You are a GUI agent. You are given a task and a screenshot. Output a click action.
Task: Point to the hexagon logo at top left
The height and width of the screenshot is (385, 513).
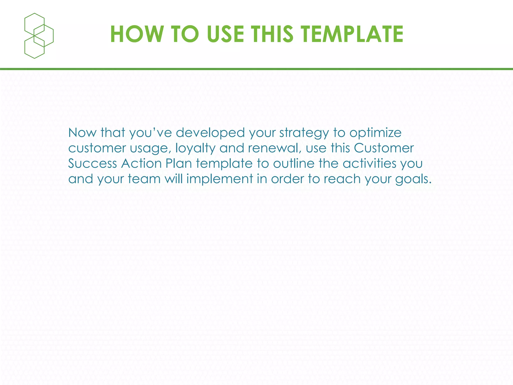(39, 36)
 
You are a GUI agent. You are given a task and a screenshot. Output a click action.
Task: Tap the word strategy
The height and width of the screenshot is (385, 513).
(304, 133)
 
